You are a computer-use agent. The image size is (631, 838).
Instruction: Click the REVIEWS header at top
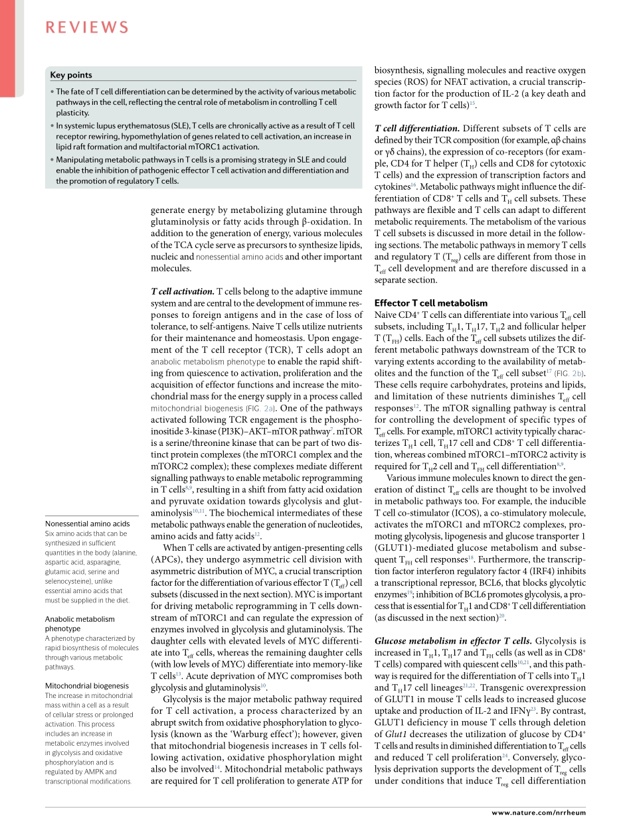pos(87,27)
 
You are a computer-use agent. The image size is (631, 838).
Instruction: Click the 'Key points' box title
pos(71,75)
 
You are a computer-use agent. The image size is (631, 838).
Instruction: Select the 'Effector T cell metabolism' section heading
pos(431,303)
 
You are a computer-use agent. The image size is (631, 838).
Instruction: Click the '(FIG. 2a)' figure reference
pos(262,409)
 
